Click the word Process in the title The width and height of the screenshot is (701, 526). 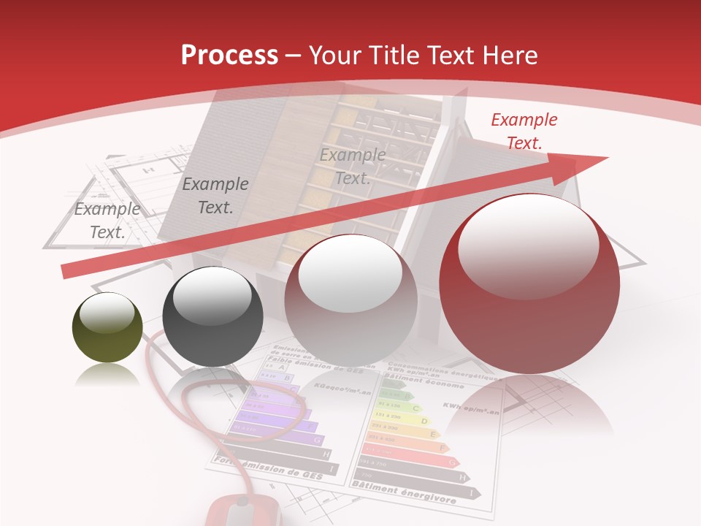(x=229, y=56)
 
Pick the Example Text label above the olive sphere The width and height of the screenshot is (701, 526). (x=107, y=221)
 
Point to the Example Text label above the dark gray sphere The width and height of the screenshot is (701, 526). (x=215, y=196)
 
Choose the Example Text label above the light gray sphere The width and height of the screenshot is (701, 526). (x=353, y=167)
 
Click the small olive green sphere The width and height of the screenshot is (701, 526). (x=107, y=327)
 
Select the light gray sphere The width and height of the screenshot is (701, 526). (x=350, y=300)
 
